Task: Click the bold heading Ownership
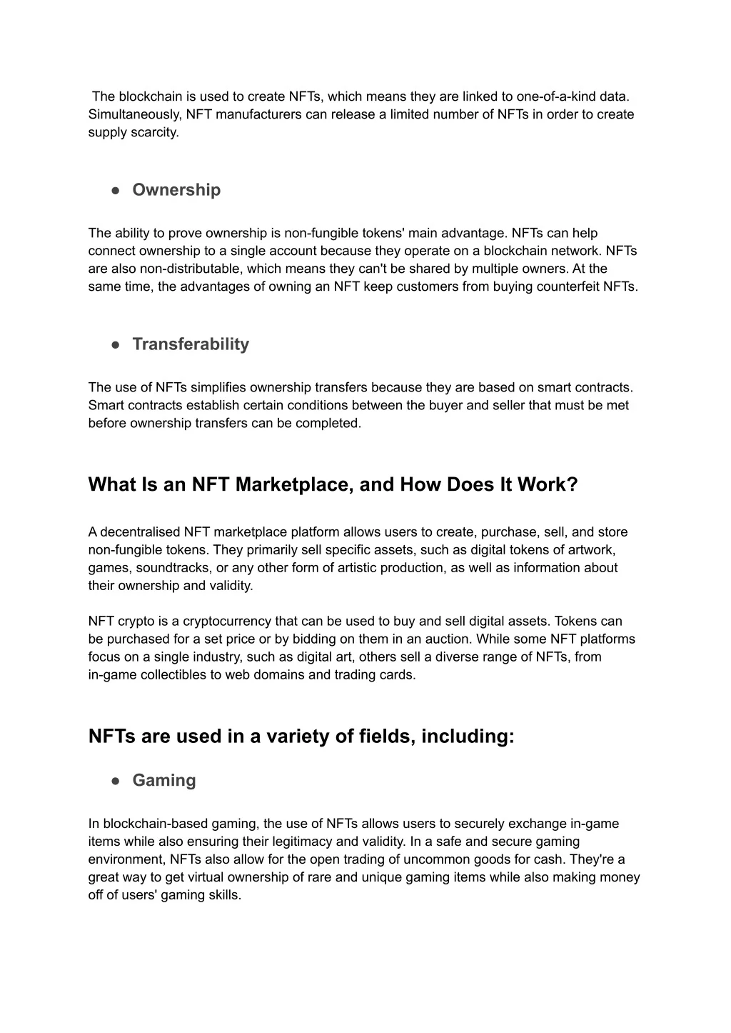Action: click(176, 190)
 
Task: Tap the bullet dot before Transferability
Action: click(115, 344)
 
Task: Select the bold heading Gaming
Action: click(164, 780)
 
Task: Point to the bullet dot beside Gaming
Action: click(115, 781)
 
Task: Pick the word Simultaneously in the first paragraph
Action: click(135, 114)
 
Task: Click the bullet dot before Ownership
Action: click(115, 190)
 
